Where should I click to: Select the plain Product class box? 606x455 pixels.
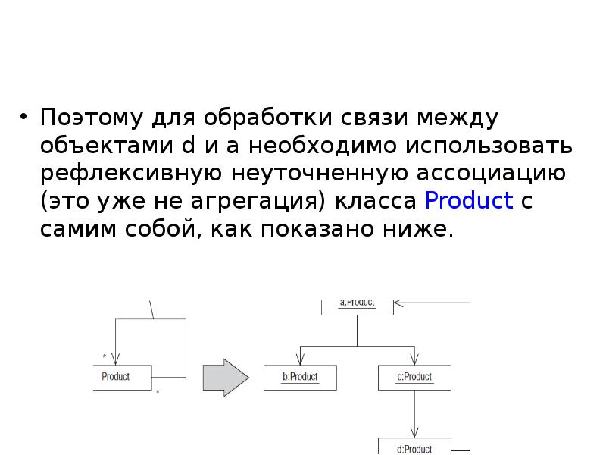122,377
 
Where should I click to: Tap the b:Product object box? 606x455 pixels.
301,377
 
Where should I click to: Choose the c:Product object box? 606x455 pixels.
414,377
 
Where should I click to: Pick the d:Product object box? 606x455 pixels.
414,447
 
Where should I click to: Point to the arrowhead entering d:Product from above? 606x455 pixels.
414,433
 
